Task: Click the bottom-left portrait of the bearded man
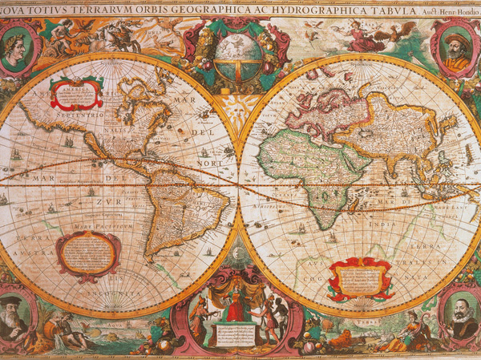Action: (x=15, y=313)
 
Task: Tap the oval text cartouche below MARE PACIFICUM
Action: (x=87, y=256)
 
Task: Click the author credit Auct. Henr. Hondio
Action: (x=449, y=10)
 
